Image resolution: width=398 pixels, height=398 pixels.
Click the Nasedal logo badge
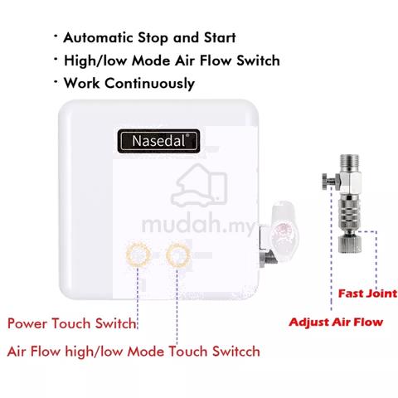[158, 141]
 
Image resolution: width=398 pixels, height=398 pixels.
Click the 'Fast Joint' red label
[367, 294]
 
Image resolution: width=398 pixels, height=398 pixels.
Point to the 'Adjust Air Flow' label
[336, 322]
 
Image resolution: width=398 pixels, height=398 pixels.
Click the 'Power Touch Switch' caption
[72, 323]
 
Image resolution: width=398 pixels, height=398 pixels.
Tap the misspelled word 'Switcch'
[236, 352]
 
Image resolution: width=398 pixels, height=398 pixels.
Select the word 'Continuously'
[149, 83]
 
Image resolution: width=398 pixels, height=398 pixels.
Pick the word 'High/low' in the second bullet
[95, 61]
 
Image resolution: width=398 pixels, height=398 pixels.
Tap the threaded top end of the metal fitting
[349, 163]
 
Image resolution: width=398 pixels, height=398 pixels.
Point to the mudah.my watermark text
[197, 224]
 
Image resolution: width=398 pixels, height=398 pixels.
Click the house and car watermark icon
[198, 185]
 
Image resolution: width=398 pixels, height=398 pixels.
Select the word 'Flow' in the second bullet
[216, 61]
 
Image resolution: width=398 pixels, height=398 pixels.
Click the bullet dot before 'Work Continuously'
[56, 81]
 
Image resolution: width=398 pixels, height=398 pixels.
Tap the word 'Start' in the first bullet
[220, 37]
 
